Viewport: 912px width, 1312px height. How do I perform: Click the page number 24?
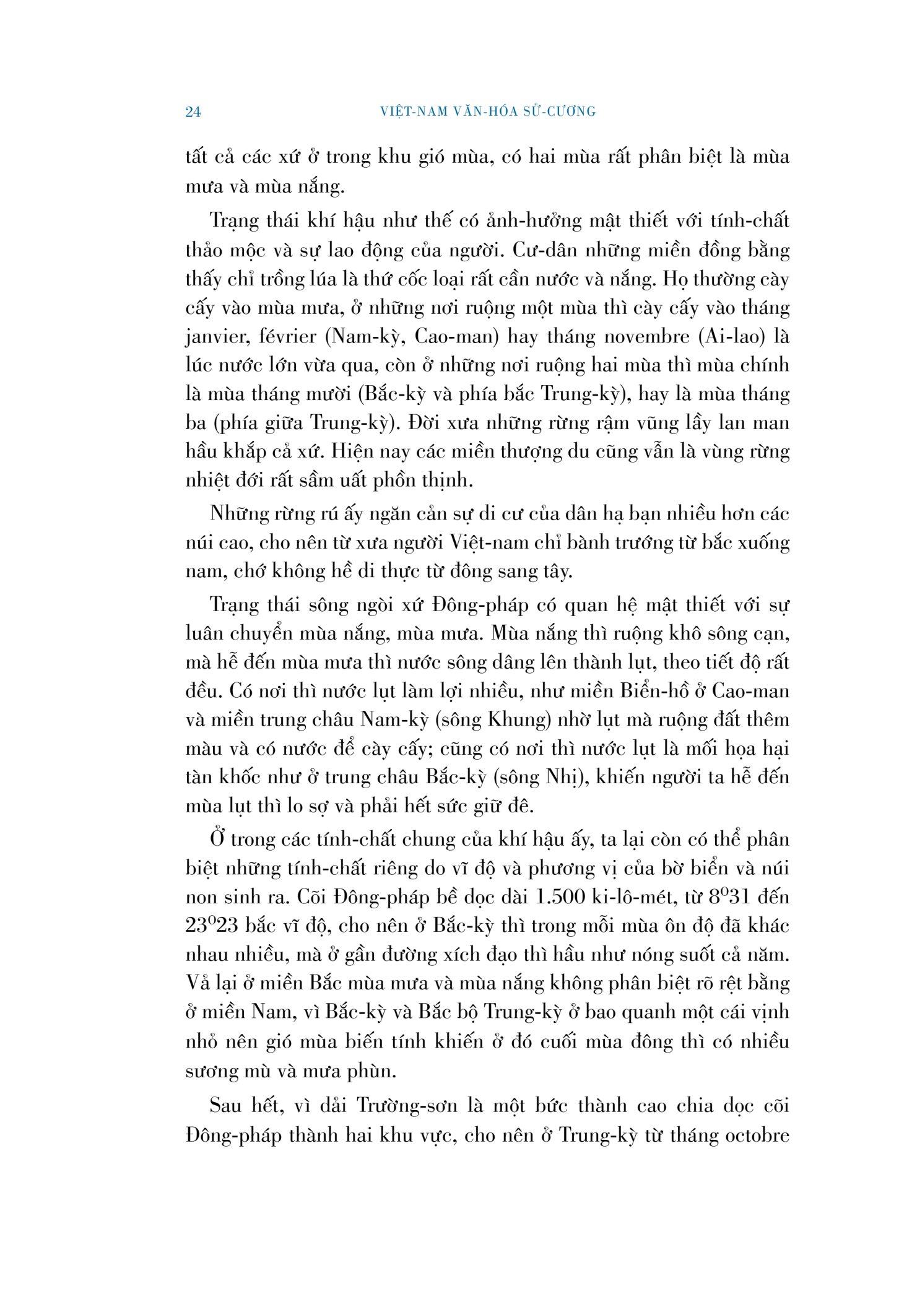point(193,112)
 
